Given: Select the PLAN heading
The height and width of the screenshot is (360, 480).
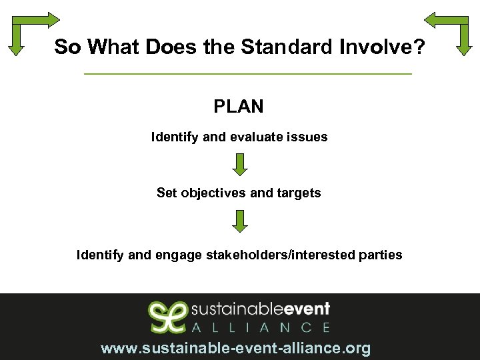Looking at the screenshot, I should point(239,106).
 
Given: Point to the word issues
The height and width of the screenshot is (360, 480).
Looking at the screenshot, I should point(308,137).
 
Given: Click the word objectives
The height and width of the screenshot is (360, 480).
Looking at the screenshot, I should point(213,193).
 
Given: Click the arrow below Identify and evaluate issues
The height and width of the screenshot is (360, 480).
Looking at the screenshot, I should point(240,164).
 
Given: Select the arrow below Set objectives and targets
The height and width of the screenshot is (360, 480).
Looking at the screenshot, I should point(240,221).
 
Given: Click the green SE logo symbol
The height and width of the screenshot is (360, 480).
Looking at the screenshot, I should point(167,316).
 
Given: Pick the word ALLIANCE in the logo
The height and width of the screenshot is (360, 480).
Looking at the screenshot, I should point(261,327).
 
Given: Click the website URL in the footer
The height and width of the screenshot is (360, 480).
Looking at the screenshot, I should point(235,348).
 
